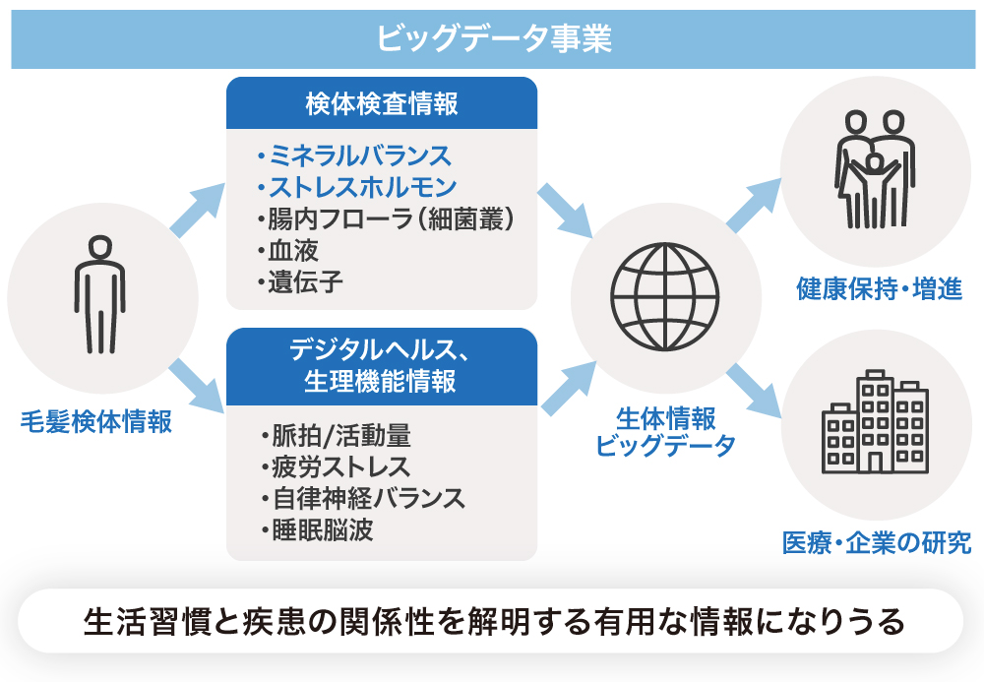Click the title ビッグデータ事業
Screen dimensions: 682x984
pos(492,37)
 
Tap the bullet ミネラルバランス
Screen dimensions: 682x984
pos(352,155)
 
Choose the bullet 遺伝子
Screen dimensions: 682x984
pos(299,283)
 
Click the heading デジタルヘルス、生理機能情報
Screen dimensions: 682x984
pos(382,365)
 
